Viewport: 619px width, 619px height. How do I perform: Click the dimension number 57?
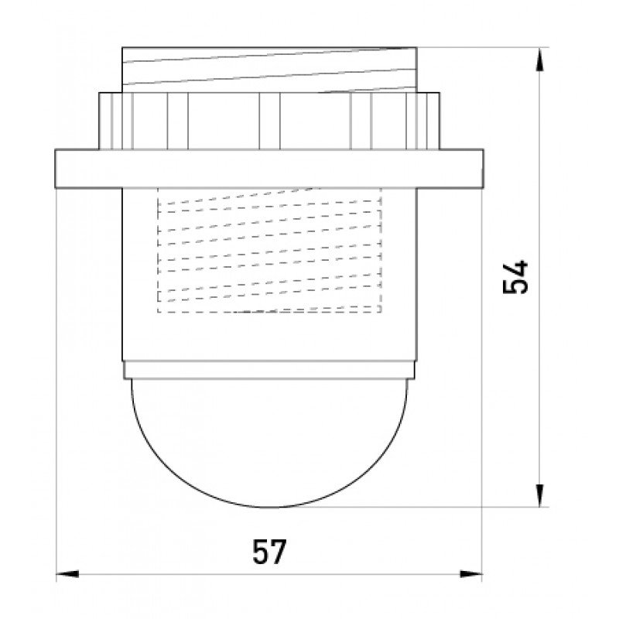coord(269,552)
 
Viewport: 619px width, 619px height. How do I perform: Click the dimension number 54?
coord(515,277)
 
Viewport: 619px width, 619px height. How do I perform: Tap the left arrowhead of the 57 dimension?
coord(67,573)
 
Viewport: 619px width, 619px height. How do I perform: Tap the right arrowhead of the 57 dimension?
coord(471,573)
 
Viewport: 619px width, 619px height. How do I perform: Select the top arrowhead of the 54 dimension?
coord(539,60)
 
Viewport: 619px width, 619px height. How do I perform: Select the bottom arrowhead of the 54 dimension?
coord(539,495)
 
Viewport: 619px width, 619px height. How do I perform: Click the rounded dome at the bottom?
coord(269,442)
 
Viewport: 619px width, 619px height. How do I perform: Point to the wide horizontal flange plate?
coord(269,169)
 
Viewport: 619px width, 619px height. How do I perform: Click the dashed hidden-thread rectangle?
coord(269,250)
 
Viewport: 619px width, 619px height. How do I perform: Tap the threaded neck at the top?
coord(269,70)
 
